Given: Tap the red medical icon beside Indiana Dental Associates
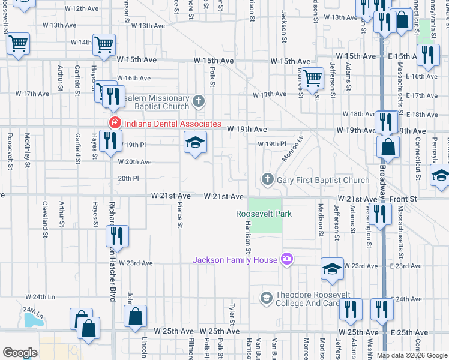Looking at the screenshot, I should (x=113, y=124).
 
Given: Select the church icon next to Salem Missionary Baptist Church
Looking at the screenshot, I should (x=199, y=100).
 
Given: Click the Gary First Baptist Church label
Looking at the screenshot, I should (x=323, y=180).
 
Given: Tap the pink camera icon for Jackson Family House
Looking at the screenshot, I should (x=287, y=259).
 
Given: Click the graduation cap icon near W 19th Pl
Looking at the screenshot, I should (x=195, y=143).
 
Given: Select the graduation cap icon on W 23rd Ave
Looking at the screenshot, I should (x=332, y=270).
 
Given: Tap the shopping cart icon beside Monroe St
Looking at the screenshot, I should (x=313, y=78).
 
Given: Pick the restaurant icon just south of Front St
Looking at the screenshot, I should (x=379, y=214).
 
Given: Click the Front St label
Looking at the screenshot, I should (x=405, y=199).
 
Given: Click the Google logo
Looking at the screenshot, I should (x=20, y=353).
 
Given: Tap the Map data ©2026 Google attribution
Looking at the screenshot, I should (x=412, y=355).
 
